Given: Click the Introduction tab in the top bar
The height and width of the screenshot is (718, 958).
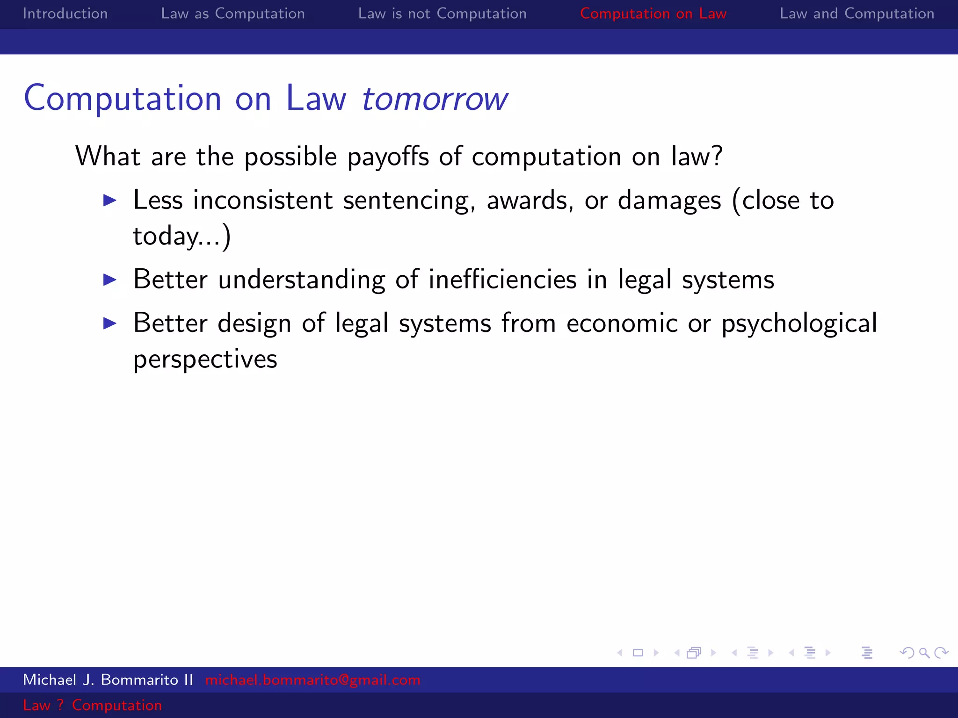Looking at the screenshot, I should (x=65, y=14).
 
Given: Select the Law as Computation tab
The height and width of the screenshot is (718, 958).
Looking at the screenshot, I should (x=232, y=14).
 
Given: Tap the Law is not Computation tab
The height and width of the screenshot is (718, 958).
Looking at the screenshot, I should (x=442, y=14).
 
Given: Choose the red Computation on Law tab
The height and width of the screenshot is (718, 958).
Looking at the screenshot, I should (x=653, y=14).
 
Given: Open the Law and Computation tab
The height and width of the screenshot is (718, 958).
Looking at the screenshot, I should (x=856, y=14).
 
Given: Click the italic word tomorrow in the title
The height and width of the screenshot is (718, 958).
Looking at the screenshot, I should (x=435, y=99).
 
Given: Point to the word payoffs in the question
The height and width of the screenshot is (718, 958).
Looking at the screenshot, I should (x=388, y=157).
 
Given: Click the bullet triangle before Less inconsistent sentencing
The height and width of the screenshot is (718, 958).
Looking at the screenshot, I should (x=110, y=201).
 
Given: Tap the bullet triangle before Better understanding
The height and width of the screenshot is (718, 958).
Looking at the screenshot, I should (x=110, y=280).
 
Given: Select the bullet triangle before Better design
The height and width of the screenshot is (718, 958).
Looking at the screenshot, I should (x=110, y=323).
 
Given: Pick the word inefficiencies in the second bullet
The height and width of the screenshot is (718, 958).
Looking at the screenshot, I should (x=502, y=280).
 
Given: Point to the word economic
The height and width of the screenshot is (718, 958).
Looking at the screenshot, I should (x=622, y=323).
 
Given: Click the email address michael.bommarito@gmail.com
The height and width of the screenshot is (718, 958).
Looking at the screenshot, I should (x=312, y=680).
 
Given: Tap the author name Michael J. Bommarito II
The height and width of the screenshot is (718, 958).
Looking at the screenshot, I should (x=108, y=680).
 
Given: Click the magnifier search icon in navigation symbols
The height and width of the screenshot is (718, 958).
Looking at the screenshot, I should (x=924, y=653).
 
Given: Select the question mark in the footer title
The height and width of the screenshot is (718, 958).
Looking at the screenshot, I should (x=60, y=705).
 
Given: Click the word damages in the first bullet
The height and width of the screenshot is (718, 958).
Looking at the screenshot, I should (x=669, y=201).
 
